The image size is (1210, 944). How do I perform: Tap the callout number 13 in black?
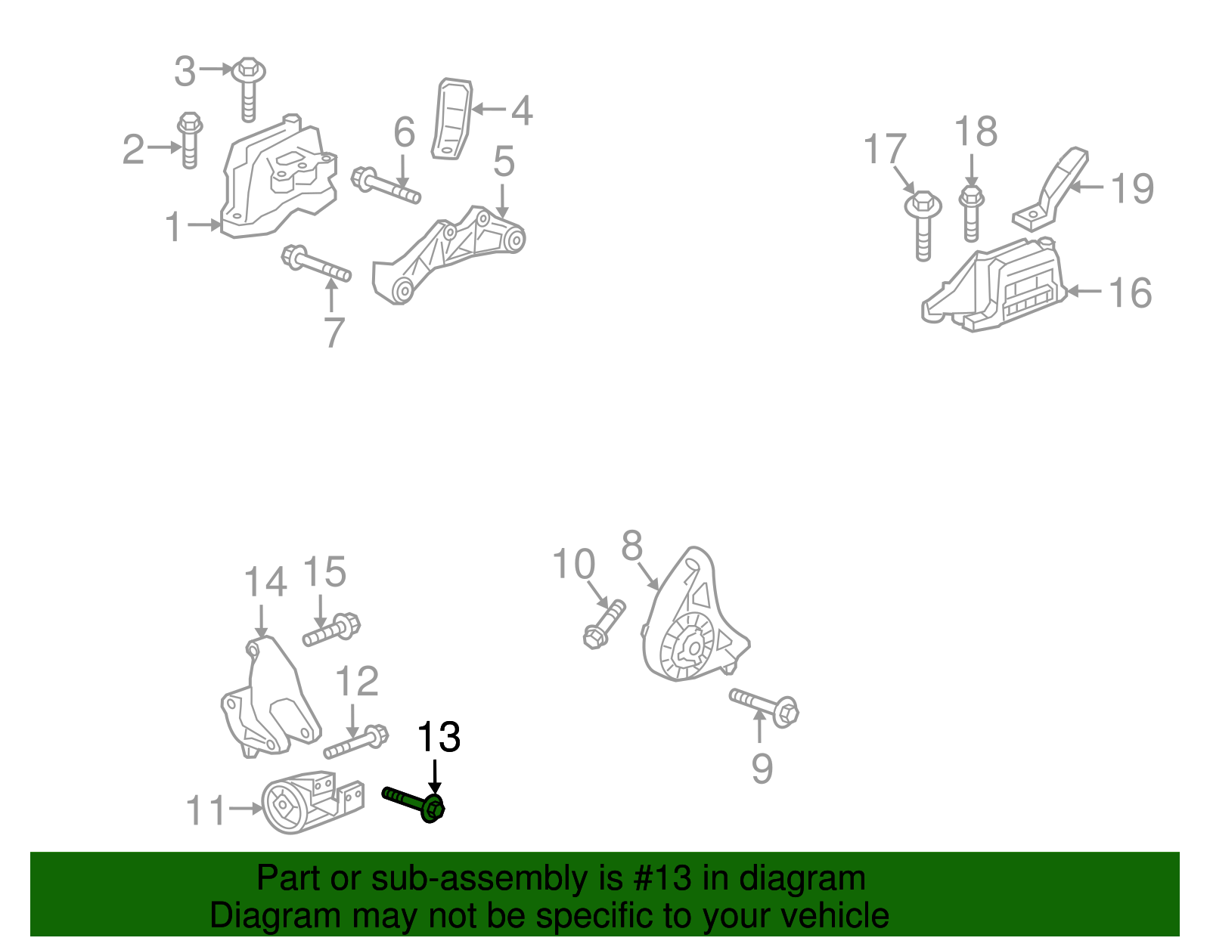pos(438,737)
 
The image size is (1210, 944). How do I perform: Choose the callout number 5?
pos(504,162)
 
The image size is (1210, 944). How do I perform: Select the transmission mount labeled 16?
pos(998,287)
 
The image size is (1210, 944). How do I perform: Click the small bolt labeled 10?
pos(604,624)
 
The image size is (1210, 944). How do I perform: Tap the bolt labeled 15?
pos(332,630)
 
